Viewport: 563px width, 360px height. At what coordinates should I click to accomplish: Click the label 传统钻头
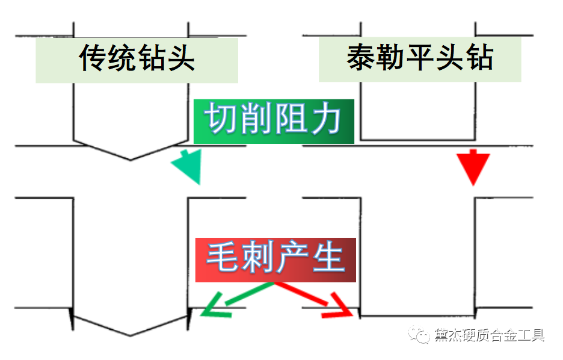(137, 59)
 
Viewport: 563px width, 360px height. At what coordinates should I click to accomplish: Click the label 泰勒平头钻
(420, 59)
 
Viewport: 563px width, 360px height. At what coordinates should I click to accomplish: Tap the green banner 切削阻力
(274, 120)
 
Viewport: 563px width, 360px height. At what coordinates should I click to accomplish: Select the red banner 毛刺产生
(275, 259)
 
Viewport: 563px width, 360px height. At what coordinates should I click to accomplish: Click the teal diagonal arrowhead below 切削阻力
(187, 167)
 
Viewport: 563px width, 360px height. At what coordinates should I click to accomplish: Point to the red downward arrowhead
(473, 167)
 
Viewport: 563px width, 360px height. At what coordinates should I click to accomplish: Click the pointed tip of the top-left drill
(131, 160)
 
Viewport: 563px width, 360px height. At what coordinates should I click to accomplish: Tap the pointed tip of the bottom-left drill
(131, 335)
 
